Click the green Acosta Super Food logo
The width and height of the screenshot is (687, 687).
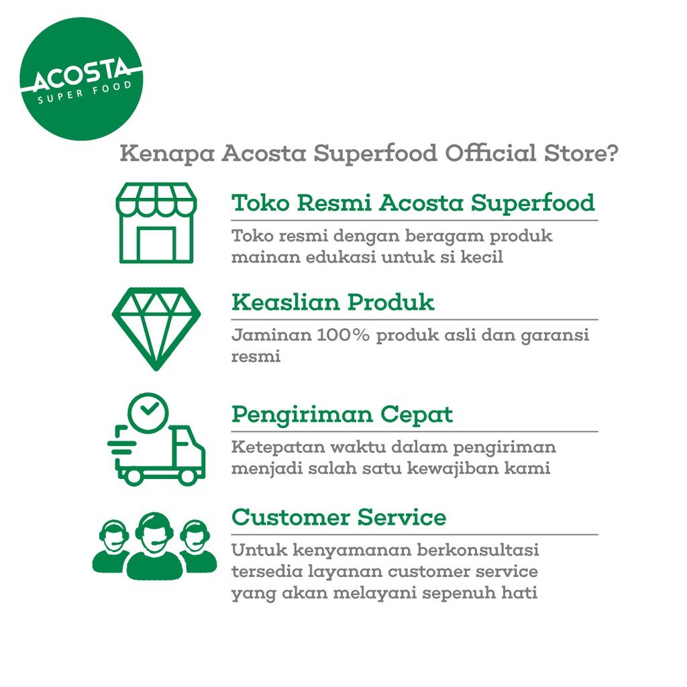click(x=81, y=79)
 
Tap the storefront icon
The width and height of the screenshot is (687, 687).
click(x=156, y=223)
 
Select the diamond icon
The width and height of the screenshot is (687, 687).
click(x=156, y=329)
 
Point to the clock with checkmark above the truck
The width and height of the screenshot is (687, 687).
click(x=148, y=413)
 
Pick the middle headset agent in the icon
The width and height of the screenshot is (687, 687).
click(x=154, y=546)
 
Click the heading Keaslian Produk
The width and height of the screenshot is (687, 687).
click(x=333, y=303)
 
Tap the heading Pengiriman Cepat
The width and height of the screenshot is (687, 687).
click(x=341, y=415)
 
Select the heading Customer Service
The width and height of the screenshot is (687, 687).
click(x=339, y=517)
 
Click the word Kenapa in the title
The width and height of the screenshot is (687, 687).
click(x=167, y=154)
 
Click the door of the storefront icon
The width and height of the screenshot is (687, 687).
click(x=156, y=244)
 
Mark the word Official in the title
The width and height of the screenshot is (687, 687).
click(x=490, y=153)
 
